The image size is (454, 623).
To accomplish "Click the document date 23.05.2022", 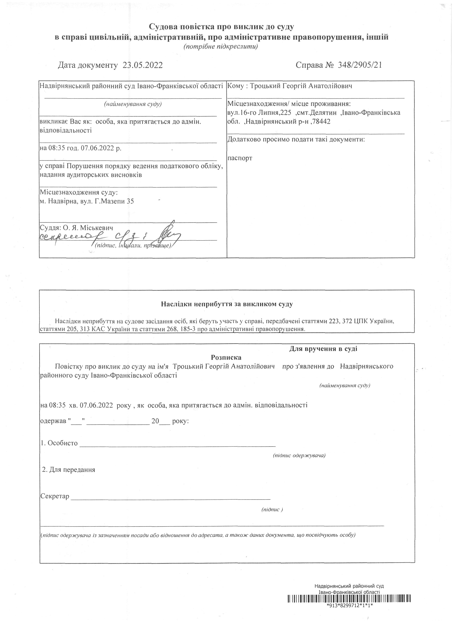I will [143, 65].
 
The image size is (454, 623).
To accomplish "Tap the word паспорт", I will [240, 158].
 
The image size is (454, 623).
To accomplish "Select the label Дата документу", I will [88, 65].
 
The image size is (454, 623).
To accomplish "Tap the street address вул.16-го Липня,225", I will [259, 113].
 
